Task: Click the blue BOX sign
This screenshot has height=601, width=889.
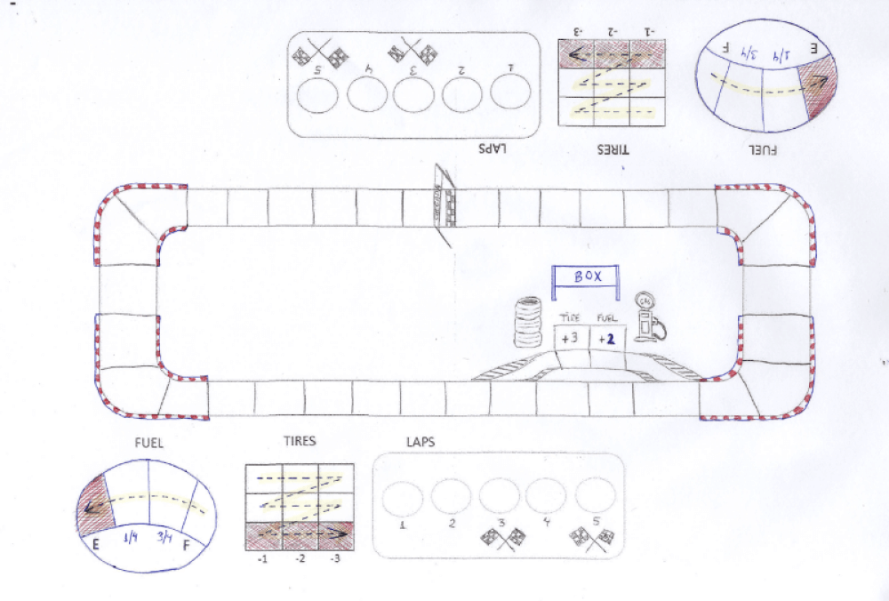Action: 587,276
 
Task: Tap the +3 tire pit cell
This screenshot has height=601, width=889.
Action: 570,339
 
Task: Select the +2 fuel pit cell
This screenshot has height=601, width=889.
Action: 606,339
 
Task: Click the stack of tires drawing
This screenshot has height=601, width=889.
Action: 529,322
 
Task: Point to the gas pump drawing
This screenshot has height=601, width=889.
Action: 650,318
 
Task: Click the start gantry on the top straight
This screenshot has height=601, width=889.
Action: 444,204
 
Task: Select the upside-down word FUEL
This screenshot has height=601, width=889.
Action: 762,150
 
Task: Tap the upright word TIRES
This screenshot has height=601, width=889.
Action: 299,440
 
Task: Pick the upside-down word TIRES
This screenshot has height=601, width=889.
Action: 613,150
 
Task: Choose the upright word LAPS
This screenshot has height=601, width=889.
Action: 420,440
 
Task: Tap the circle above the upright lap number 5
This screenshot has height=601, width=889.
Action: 595,493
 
